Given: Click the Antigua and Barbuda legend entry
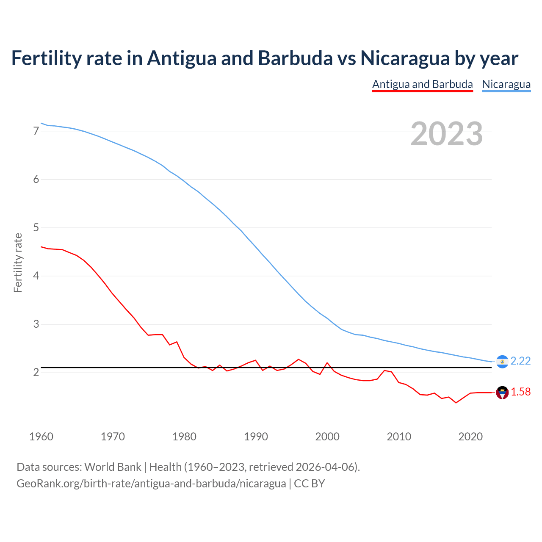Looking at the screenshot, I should coord(422,84).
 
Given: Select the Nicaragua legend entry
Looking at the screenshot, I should coord(506,84).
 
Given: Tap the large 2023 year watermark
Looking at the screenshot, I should coord(446,134).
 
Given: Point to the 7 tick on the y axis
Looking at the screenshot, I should coord(36,131).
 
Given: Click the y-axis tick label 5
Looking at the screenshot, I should coord(36,228).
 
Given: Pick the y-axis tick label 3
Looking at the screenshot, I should coord(36,324).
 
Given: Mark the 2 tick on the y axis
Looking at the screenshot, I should coord(36,373).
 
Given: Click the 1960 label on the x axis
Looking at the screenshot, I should coord(41,437).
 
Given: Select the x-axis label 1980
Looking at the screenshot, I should coord(184,437).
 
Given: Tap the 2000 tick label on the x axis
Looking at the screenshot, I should coord(327,437).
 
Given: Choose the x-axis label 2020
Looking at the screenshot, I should coord(470,437).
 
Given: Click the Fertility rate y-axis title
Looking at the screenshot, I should coord(18,263).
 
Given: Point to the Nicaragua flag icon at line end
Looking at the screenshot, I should coord(502,362).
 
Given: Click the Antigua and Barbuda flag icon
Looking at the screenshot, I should coord(502,393).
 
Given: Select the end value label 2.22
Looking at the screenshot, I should coord(520,361).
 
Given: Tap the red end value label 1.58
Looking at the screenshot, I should coord(520,392).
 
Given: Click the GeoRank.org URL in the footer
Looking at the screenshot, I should coord(151,484).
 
